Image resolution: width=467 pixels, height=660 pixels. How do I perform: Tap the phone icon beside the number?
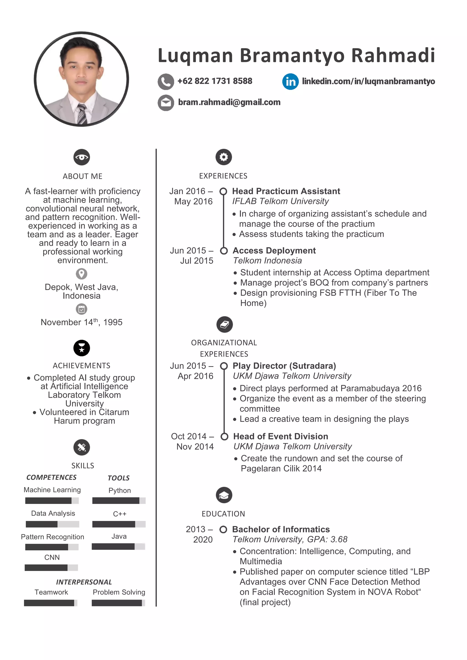166,82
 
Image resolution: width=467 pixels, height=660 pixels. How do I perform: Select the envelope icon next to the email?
166,103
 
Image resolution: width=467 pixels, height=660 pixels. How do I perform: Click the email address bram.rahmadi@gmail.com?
229,102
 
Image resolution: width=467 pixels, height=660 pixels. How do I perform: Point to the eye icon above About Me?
82,157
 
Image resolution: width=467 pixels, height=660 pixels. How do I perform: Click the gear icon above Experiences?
224,157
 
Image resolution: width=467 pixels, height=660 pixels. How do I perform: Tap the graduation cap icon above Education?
224,495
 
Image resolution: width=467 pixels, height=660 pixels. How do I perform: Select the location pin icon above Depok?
82,274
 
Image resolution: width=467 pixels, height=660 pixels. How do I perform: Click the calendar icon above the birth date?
82,309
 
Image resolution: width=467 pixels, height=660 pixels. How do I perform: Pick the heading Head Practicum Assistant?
286,191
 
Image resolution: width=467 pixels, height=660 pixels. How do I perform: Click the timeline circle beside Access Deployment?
224,251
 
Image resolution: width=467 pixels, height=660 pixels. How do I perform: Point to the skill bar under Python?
119,501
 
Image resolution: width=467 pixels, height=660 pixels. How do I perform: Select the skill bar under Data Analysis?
52,524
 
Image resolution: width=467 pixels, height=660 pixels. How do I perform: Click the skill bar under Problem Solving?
118,603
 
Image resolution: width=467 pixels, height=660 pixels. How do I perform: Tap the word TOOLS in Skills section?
119,478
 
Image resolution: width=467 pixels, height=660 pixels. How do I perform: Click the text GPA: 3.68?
327,540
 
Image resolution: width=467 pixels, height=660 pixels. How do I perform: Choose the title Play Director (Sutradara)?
284,366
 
